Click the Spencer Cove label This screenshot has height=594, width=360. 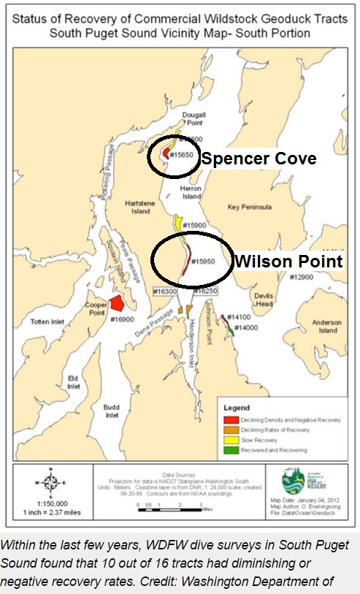258,158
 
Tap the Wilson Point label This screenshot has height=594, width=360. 287,260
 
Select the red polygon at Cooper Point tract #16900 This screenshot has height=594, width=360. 119,303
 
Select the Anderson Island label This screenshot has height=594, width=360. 326,327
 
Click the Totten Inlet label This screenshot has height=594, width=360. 48,321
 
